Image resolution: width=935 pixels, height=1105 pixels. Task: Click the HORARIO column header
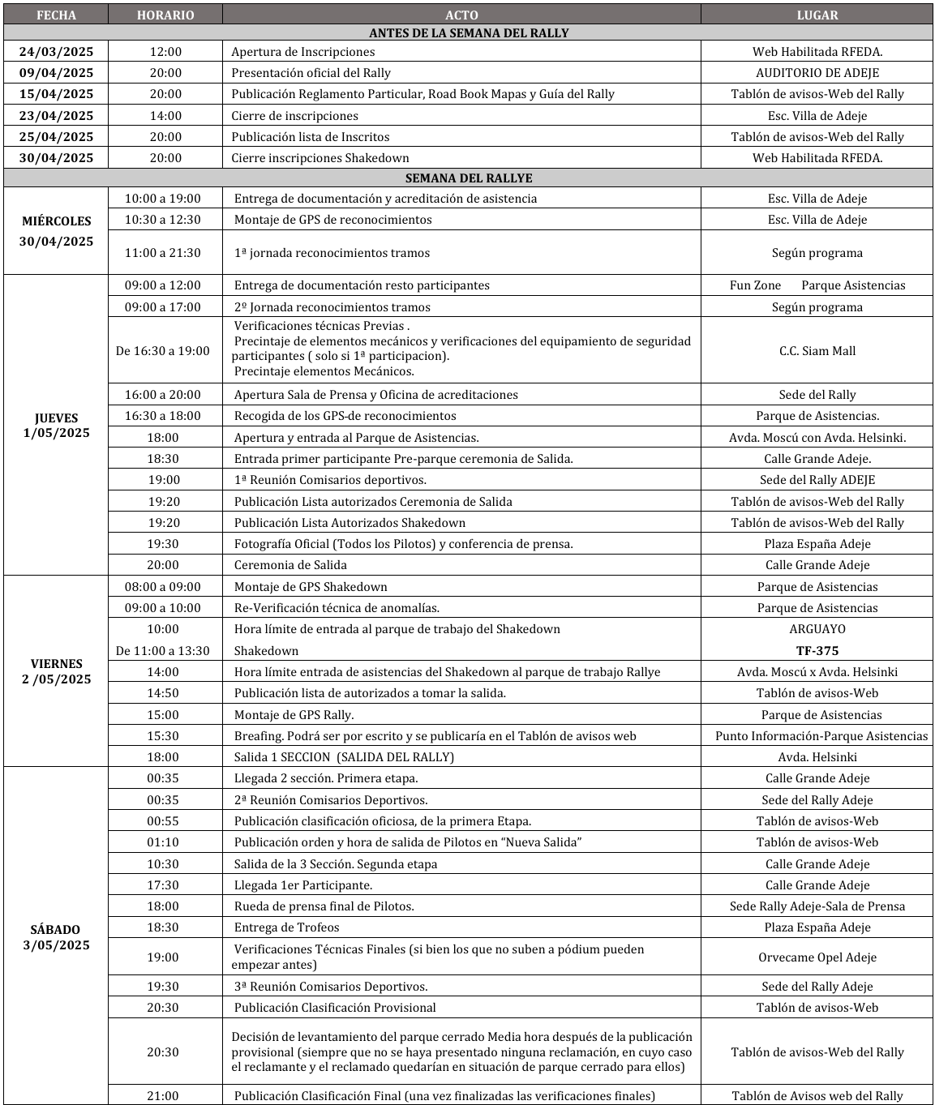(x=165, y=15)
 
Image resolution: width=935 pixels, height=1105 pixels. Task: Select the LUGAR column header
(x=817, y=15)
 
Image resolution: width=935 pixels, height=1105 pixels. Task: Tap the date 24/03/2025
(x=56, y=52)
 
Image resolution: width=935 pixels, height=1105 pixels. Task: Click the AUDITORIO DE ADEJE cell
(x=817, y=73)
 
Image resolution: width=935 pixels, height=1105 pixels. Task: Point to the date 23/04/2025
(x=56, y=116)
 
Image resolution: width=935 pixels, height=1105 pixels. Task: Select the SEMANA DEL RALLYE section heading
(x=468, y=178)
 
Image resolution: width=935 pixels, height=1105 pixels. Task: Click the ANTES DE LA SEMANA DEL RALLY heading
(x=468, y=33)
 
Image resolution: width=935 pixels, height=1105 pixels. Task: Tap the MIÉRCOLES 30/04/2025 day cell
(x=56, y=231)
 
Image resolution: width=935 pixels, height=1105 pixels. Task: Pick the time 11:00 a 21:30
(x=163, y=253)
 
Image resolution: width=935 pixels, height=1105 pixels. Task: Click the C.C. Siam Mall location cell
(x=817, y=351)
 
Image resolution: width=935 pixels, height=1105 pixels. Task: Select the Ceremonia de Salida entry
(x=290, y=565)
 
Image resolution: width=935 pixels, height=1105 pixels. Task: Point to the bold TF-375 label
(x=817, y=651)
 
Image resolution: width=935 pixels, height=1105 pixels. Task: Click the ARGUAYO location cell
(x=817, y=629)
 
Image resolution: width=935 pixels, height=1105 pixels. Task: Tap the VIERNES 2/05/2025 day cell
(x=56, y=671)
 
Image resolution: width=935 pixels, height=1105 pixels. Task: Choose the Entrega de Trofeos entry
(x=286, y=927)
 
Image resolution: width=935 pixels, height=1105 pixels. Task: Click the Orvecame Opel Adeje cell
(x=817, y=957)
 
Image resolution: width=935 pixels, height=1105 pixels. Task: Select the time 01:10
(x=163, y=842)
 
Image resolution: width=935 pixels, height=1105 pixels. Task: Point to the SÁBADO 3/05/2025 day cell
(x=56, y=937)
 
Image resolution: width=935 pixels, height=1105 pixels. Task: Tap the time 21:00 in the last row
(x=163, y=1096)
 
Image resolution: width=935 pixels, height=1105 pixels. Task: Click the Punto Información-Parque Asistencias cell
(x=821, y=736)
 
